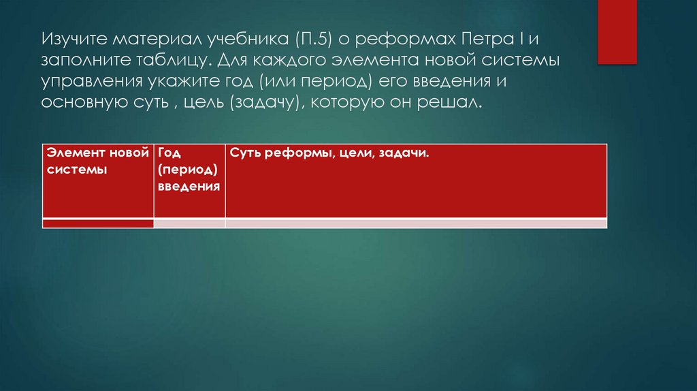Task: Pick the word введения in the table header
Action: click(x=189, y=186)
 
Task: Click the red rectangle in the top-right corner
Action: click(x=617, y=32)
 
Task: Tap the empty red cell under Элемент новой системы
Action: click(x=98, y=223)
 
